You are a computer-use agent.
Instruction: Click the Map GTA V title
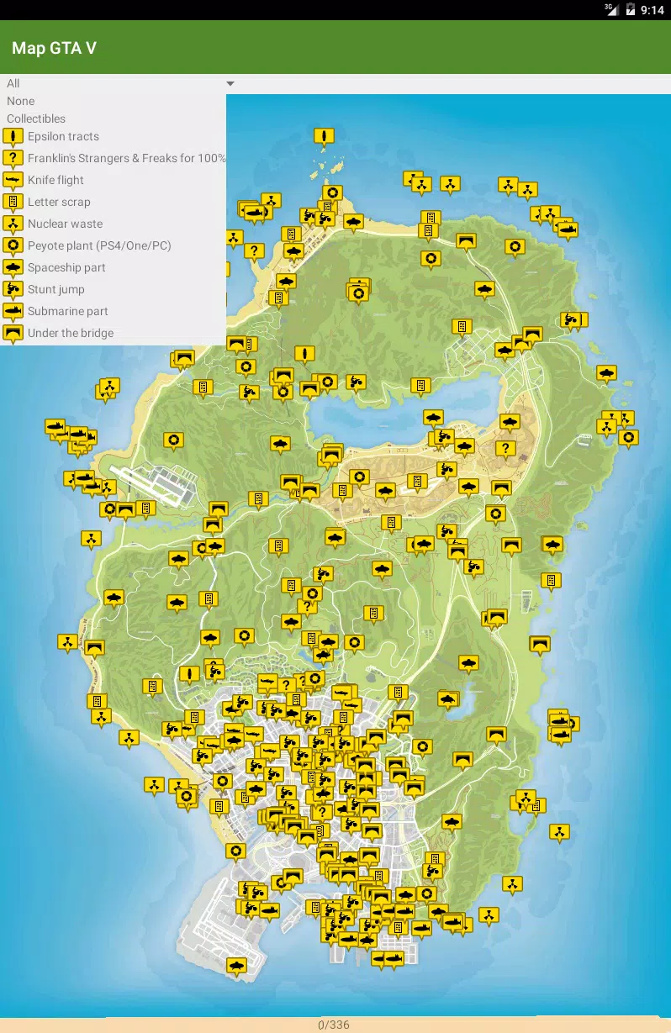coord(54,48)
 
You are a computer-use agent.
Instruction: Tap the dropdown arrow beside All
coord(230,84)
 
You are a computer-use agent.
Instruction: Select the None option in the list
coord(21,101)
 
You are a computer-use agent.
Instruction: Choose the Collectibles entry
coord(36,119)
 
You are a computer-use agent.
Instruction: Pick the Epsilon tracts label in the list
coord(63,136)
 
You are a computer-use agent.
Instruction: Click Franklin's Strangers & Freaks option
coord(126,158)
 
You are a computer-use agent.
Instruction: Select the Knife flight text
coord(55,180)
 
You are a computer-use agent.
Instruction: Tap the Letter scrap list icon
coord(13,202)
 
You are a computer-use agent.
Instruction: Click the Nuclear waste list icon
coord(13,224)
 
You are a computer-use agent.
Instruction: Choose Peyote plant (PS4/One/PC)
coord(98,245)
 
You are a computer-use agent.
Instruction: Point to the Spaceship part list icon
coord(13,267)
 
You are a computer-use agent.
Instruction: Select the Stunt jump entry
coord(55,289)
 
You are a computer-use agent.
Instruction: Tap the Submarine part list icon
coord(13,311)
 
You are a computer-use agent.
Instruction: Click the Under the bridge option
coord(70,333)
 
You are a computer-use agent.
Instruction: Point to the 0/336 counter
coord(334,1025)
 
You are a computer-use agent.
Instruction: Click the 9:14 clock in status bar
coord(653,10)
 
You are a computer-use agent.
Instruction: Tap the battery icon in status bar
coord(631,10)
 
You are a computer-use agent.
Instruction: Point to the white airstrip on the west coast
coord(151,482)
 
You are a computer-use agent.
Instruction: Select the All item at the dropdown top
coord(13,83)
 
